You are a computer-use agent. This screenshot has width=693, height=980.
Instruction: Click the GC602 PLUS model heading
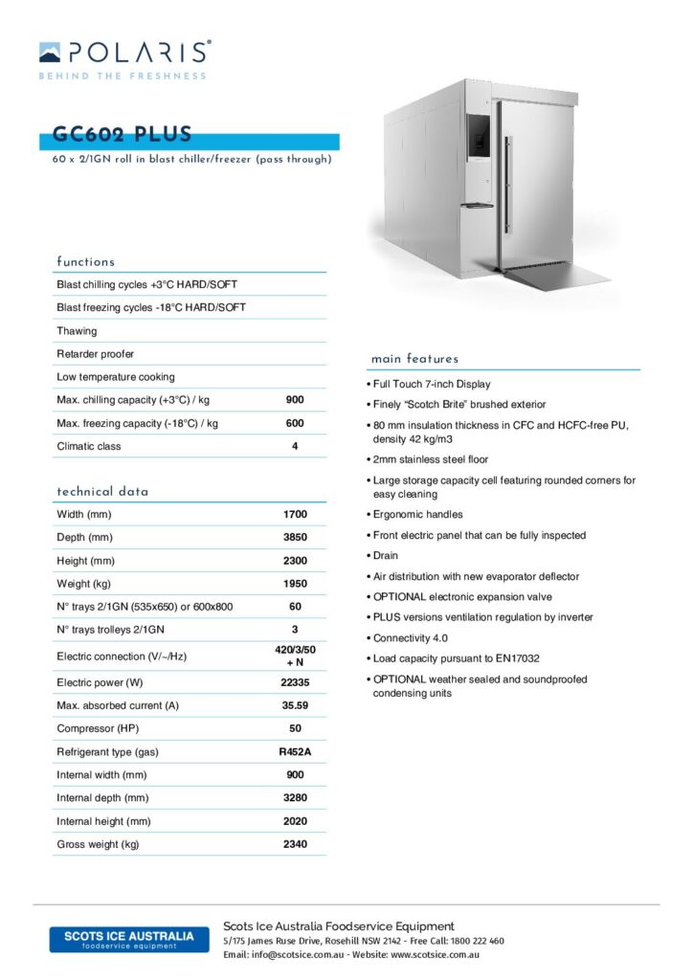pyautogui.click(x=123, y=135)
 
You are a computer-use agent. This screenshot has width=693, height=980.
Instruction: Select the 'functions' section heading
pyautogui.click(x=85, y=261)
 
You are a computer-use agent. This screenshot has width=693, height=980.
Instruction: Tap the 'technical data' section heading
pyautogui.click(x=102, y=491)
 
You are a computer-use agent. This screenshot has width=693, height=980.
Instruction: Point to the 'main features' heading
pyautogui.click(x=414, y=359)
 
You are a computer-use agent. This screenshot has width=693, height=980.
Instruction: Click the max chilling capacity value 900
pyautogui.click(x=295, y=400)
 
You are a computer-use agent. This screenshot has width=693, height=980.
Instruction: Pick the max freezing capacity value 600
pyautogui.click(x=295, y=423)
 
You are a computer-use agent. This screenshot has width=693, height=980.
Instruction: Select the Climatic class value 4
pyautogui.click(x=295, y=446)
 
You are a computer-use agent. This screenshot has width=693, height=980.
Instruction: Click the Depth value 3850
pyautogui.click(x=295, y=538)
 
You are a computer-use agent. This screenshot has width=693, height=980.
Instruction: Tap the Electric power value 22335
pyautogui.click(x=295, y=683)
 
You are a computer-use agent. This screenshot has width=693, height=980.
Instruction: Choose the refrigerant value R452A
pyautogui.click(x=295, y=752)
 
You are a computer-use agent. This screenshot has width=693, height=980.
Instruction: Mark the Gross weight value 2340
pyautogui.click(x=295, y=844)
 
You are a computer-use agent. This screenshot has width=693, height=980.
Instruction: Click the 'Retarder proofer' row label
pyautogui.click(x=96, y=354)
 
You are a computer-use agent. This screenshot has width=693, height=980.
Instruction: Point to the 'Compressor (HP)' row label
pyautogui.click(x=100, y=729)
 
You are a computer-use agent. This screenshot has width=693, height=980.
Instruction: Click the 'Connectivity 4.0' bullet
pyautogui.click(x=413, y=638)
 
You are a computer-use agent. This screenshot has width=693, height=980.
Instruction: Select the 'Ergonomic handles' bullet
pyautogui.click(x=418, y=515)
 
